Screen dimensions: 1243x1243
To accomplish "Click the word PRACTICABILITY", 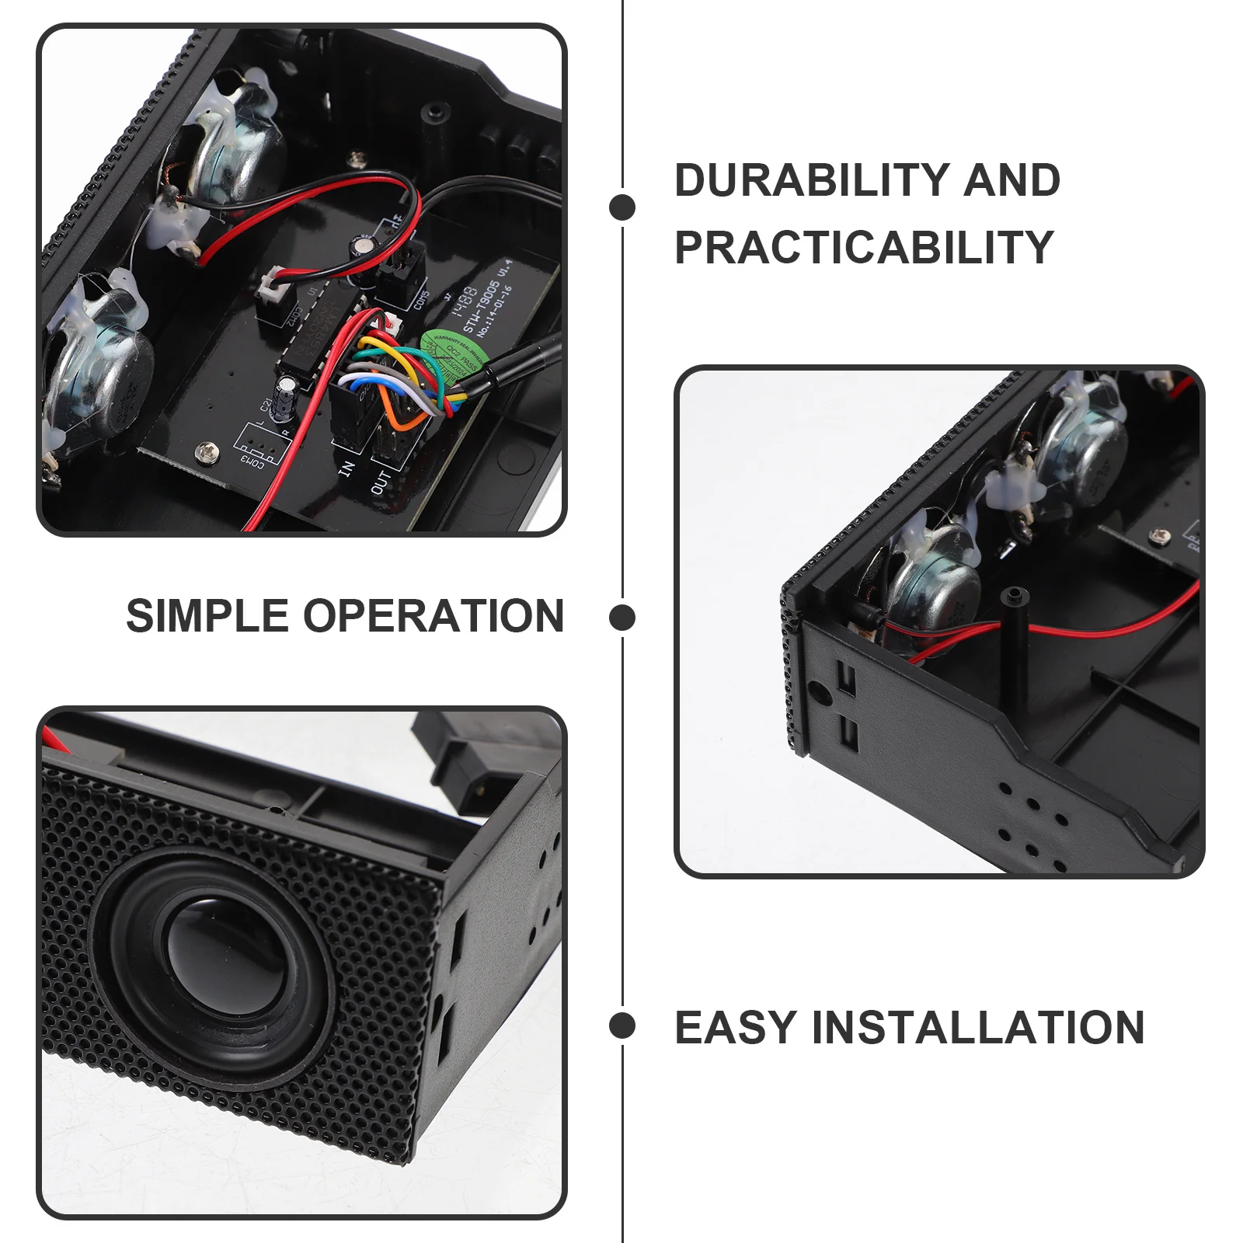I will point(863,248).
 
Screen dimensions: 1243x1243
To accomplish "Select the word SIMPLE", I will point(207,617).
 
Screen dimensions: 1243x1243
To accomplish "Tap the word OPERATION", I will point(433,617).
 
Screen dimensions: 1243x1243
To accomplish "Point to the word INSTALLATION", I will point(977,1028).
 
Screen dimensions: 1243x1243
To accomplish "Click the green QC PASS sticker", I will point(454,353).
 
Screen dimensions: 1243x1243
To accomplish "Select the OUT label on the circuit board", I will point(381,482).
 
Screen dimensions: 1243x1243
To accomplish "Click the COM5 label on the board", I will point(422,299).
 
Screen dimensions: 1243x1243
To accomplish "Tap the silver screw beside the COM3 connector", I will point(207,449).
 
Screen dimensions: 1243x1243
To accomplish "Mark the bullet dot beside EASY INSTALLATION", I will point(622,1026).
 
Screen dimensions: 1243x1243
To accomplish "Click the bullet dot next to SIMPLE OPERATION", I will point(622,618).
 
